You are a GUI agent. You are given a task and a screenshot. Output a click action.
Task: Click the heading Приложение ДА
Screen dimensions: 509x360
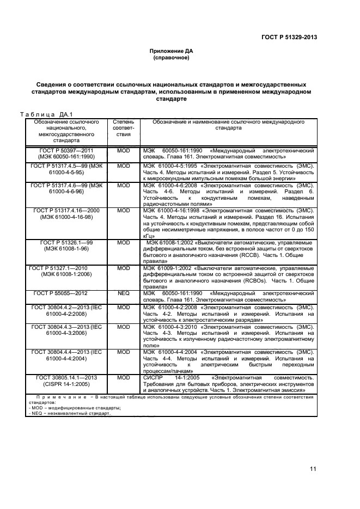click(171, 51)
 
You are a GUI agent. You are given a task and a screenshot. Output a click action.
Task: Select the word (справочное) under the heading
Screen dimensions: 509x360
click(171, 57)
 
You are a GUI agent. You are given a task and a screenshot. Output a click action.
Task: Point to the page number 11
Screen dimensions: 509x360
click(313, 469)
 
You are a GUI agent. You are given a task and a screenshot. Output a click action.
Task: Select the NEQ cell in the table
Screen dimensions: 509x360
click(124, 293)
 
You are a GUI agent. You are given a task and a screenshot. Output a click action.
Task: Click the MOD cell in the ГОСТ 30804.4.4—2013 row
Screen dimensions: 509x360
click(124, 352)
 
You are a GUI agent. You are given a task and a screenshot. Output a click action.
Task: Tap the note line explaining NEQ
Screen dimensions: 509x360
click(65, 414)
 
